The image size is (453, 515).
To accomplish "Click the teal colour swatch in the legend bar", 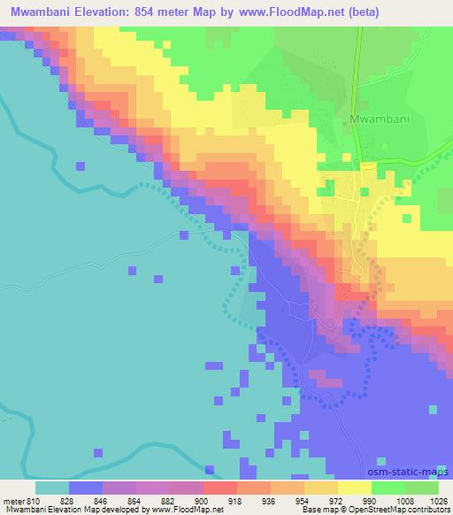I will [52, 488].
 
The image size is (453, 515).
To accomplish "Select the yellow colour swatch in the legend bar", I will [355, 488].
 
